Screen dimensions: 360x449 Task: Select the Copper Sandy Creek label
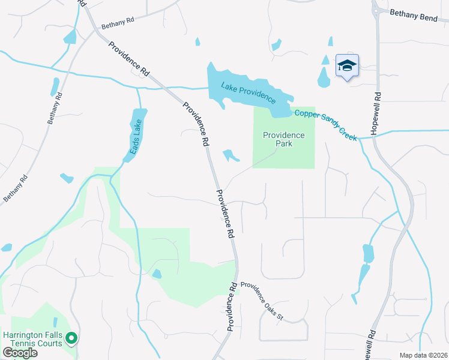click(324, 125)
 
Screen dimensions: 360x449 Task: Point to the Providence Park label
click(284, 140)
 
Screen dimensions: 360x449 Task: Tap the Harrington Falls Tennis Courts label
click(32, 339)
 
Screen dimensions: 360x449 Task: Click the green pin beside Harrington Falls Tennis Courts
click(71, 339)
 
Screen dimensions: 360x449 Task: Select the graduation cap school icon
click(347, 65)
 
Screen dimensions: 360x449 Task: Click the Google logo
click(20, 353)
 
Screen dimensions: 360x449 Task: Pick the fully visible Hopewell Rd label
click(376, 112)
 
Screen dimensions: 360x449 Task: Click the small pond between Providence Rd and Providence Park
click(231, 156)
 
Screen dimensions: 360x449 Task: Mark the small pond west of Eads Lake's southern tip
click(67, 178)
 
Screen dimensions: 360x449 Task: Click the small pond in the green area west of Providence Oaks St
click(157, 274)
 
